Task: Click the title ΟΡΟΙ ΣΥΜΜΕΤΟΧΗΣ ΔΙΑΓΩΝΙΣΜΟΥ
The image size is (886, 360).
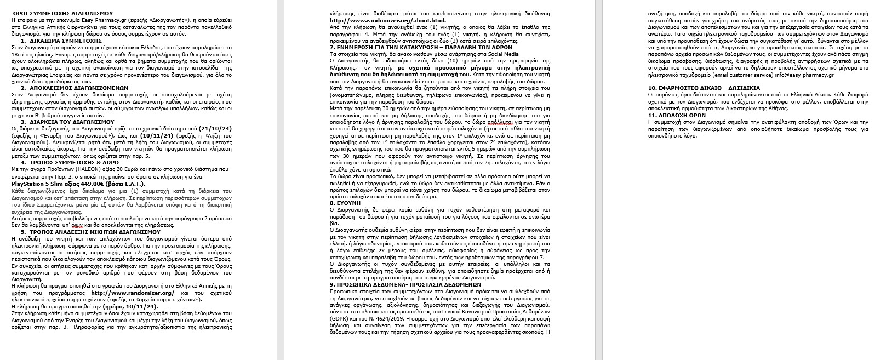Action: [x=62, y=12]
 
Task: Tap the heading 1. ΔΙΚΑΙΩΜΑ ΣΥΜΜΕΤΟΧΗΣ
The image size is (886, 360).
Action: [x=61, y=41]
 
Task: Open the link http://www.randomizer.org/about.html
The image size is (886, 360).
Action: [x=384, y=20]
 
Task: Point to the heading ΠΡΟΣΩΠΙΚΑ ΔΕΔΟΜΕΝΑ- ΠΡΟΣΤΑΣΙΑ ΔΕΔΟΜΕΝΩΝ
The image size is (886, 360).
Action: [x=405, y=285]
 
